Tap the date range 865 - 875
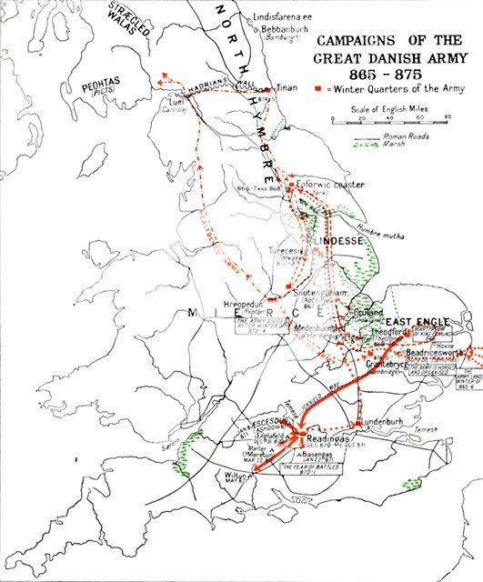(x=388, y=73)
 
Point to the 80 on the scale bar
(x=447, y=117)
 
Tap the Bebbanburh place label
(x=287, y=28)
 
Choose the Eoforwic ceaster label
(x=331, y=185)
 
